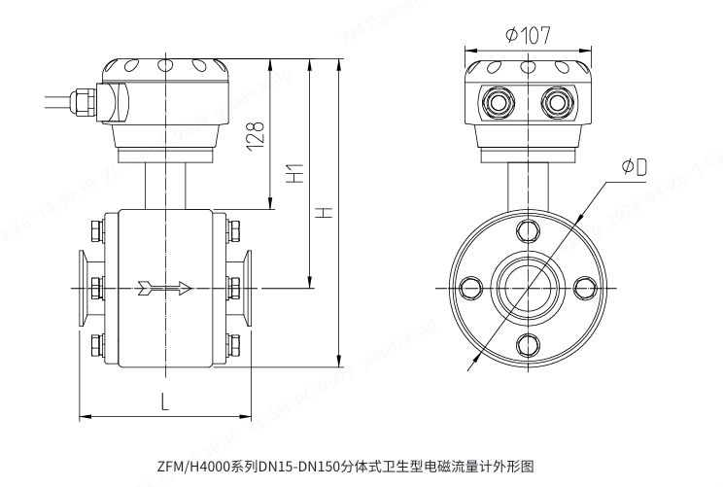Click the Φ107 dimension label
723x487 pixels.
(x=529, y=35)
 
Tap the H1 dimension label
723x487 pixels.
(x=295, y=174)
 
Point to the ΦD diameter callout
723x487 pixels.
(x=633, y=167)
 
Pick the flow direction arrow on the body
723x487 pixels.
(x=164, y=287)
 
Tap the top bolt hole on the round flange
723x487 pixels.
(x=528, y=231)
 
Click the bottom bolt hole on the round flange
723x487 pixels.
(x=528, y=343)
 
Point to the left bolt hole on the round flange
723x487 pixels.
(x=471, y=287)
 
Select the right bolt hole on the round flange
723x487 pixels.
(x=584, y=287)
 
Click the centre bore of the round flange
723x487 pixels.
(x=528, y=287)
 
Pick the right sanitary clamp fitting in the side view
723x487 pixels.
(x=248, y=287)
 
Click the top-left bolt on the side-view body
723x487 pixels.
(x=95, y=231)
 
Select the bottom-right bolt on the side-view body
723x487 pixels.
(x=234, y=343)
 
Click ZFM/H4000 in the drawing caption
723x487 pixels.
(x=191, y=467)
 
